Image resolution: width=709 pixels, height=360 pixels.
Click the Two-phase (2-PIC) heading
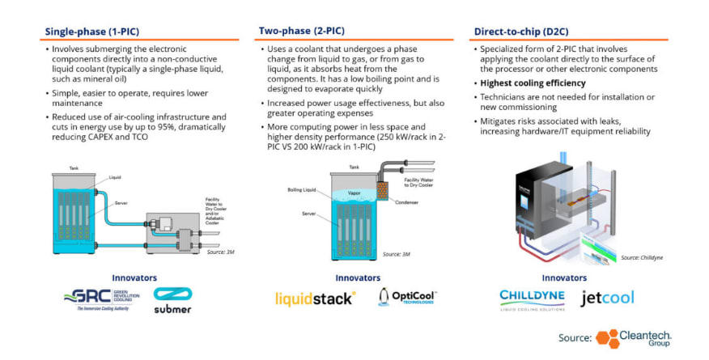pyautogui.click(x=301, y=32)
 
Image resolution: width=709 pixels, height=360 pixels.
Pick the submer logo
pyautogui.click(x=172, y=301)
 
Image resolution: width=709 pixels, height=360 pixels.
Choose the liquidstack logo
pyautogui.click(x=315, y=299)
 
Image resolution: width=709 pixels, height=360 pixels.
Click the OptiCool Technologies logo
pyautogui.click(x=406, y=298)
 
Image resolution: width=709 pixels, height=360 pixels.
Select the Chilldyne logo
pyautogui.click(x=532, y=299)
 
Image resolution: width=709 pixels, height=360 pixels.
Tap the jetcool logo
pyautogui.click(x=607, y=298)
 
